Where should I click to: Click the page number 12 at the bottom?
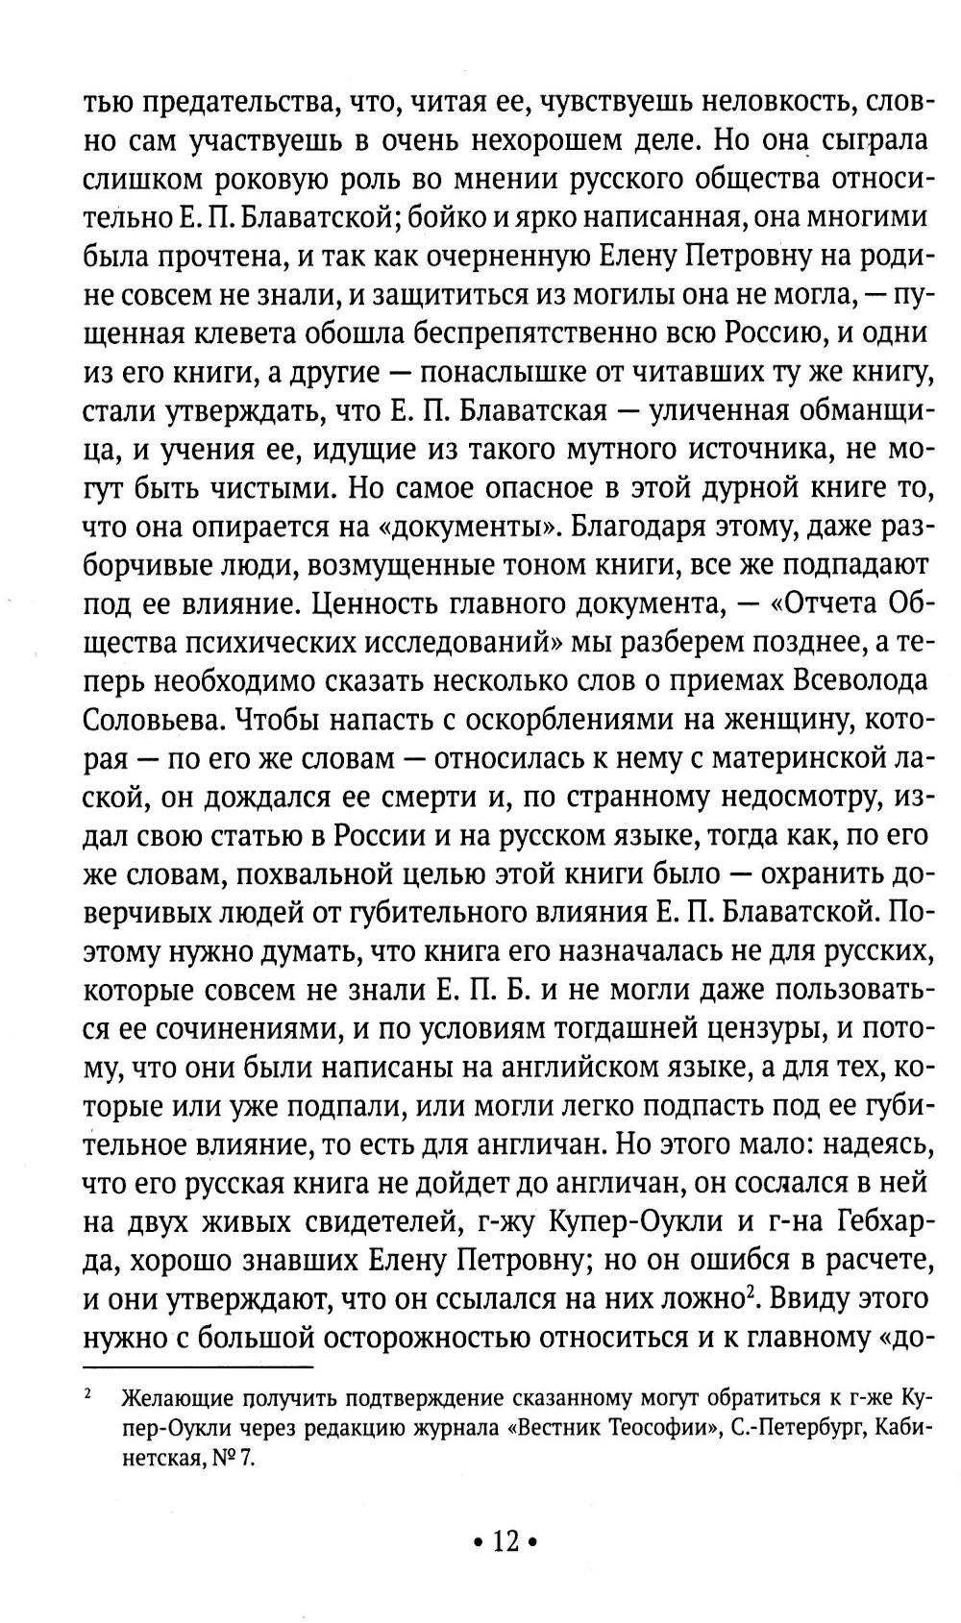[x=505, y=1541]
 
